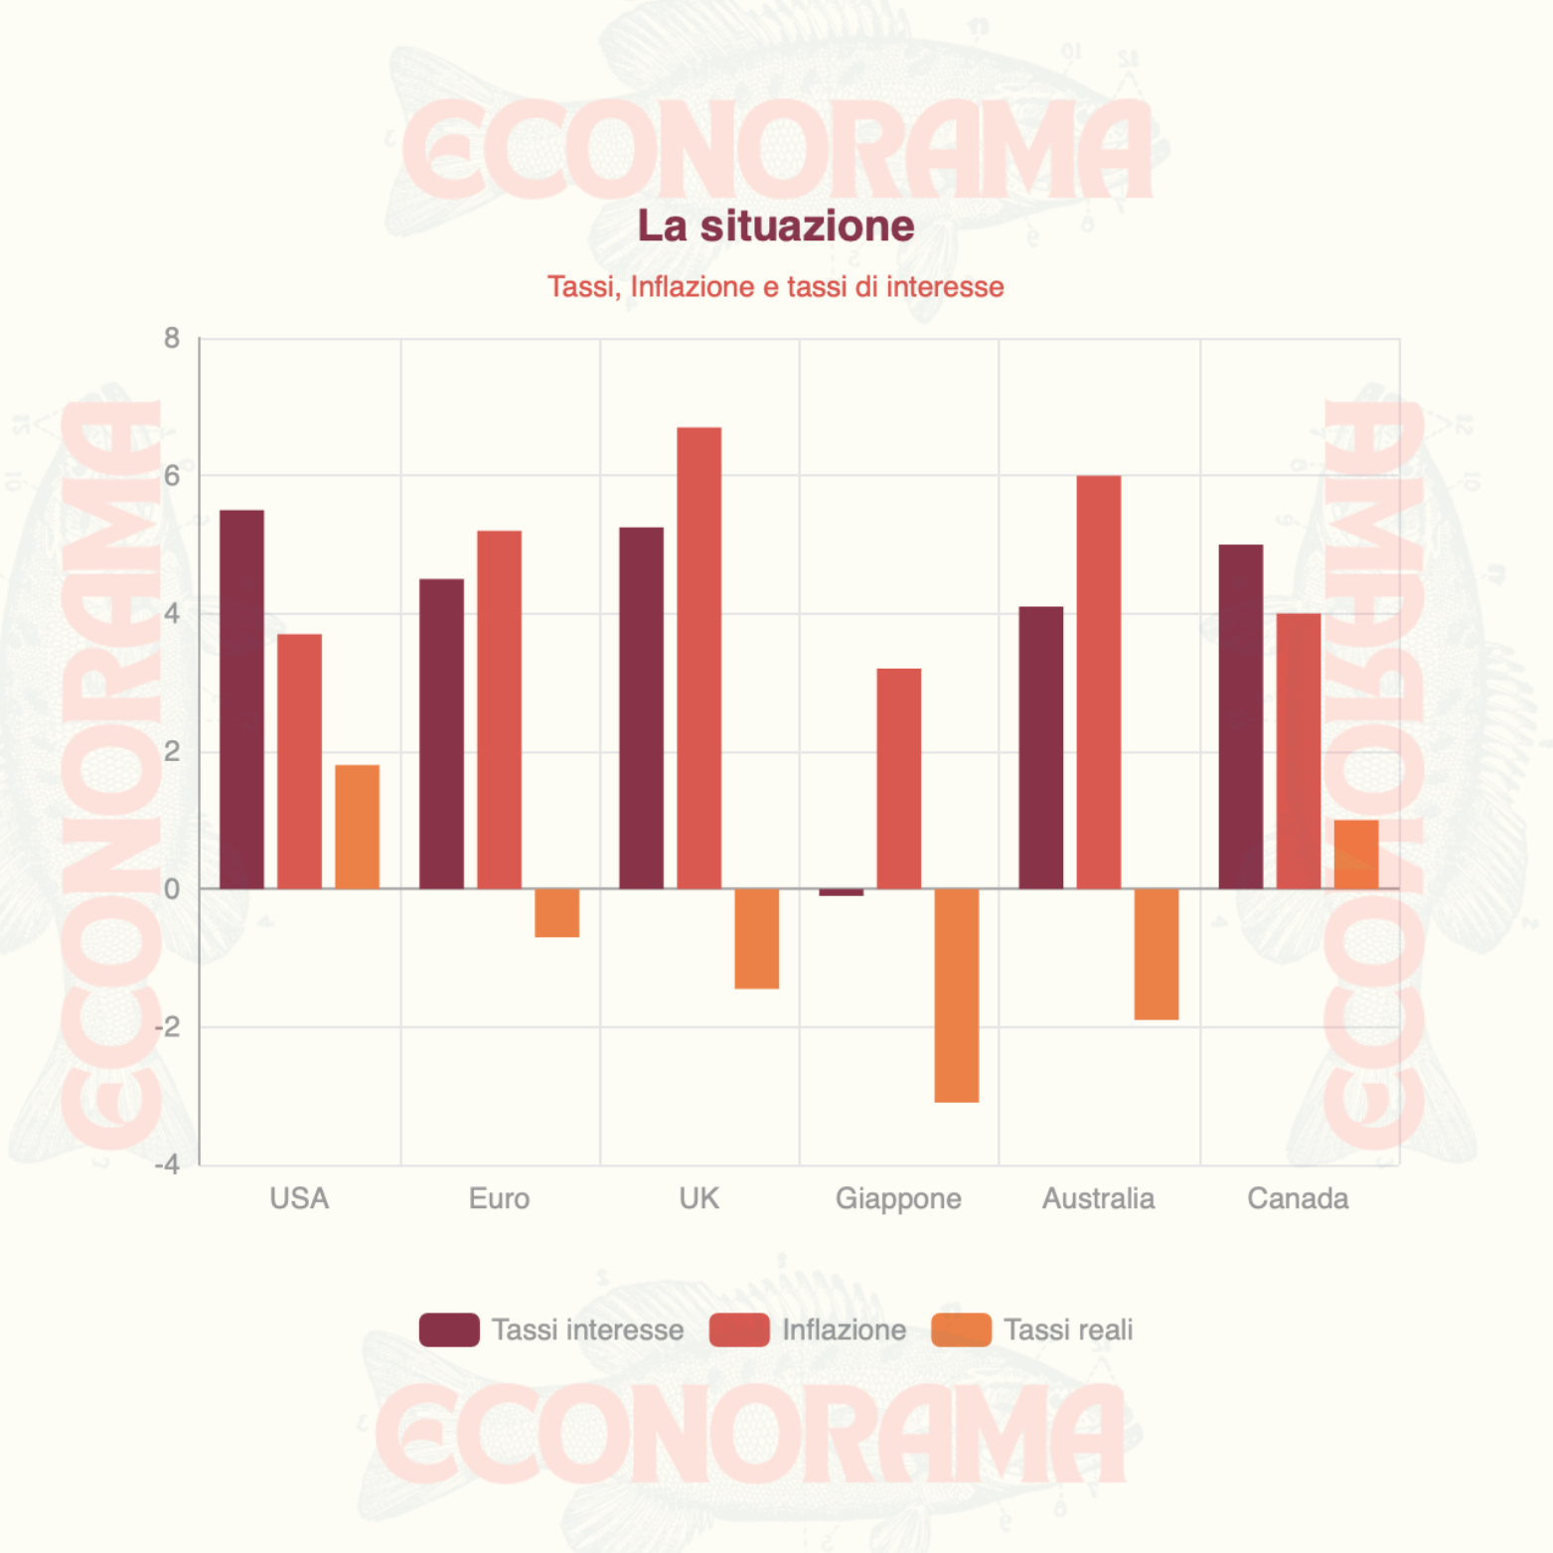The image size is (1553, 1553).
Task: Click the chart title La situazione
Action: pyautogui.click(x=775, y=227)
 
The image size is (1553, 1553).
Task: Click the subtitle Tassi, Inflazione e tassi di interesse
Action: pyautogui.click(x=775, y=287)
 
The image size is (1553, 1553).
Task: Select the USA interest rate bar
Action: pyautogui.click(x=241, y=699)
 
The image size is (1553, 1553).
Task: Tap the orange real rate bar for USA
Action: pyautogui.click(x=357, y=827)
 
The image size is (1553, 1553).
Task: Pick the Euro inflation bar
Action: pyautogui.click(x=499, y=709)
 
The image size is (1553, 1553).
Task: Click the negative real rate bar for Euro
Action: pyautogui.click(x=556, y=912)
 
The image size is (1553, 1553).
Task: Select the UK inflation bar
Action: pyautogui.click(x=699, y=658)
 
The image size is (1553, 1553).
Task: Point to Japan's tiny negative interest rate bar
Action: pyautogui.click(x=841, y=892)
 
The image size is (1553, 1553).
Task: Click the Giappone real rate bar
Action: pyautogui.click(x=956, y=995)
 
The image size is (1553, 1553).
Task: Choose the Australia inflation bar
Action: pyautogui.click(x=1098, y=682)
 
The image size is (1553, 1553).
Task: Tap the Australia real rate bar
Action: pyautogui.click(x=1156, y=954)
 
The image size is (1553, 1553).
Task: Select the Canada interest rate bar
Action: pyautogui.click(x=1240, y=716)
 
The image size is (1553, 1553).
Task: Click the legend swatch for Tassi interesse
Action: pyautogui.click(x=449, y=1329)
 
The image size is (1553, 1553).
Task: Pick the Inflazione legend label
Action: pyautogui.click(x=844, y=1329)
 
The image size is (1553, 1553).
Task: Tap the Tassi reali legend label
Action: pyautogui.click(x=1068, y=1329)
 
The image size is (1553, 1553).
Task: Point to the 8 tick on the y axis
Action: pyautogui.click(x=172, y=339)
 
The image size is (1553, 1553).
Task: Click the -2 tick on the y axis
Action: pyautogui.click(x=169, y=1026)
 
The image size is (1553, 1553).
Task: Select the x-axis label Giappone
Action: pyautogui.click(x=898, y=1198)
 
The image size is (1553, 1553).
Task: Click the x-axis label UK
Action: pyautogui.click(x=699, y=1198)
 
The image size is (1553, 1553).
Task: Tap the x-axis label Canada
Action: pyautogui.click(x=1298, y=1198)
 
